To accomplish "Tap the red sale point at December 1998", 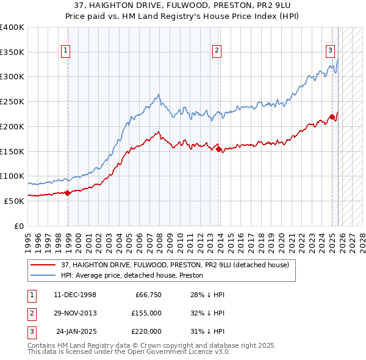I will point(68,193).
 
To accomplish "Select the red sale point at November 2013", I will point(219,148).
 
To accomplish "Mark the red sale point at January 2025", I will point(332,117).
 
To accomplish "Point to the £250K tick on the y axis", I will point(12,101).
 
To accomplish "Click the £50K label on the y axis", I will point(14,200).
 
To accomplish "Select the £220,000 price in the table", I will point(146,331).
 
